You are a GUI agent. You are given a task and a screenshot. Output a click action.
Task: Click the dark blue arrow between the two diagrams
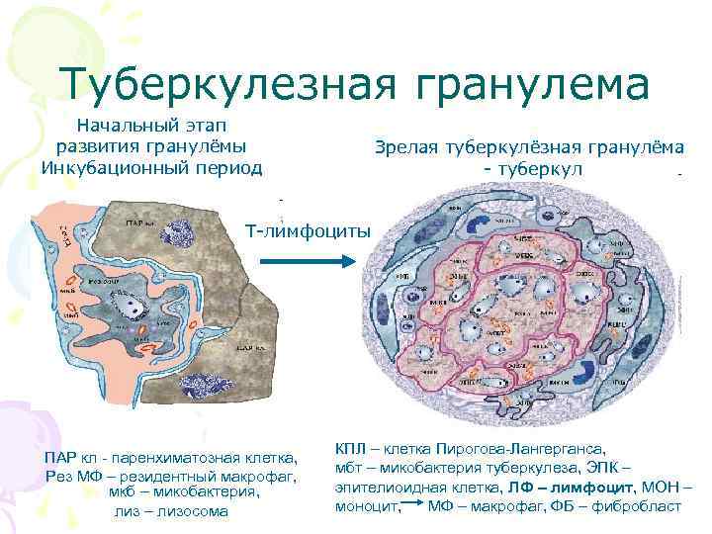(303, 262)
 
